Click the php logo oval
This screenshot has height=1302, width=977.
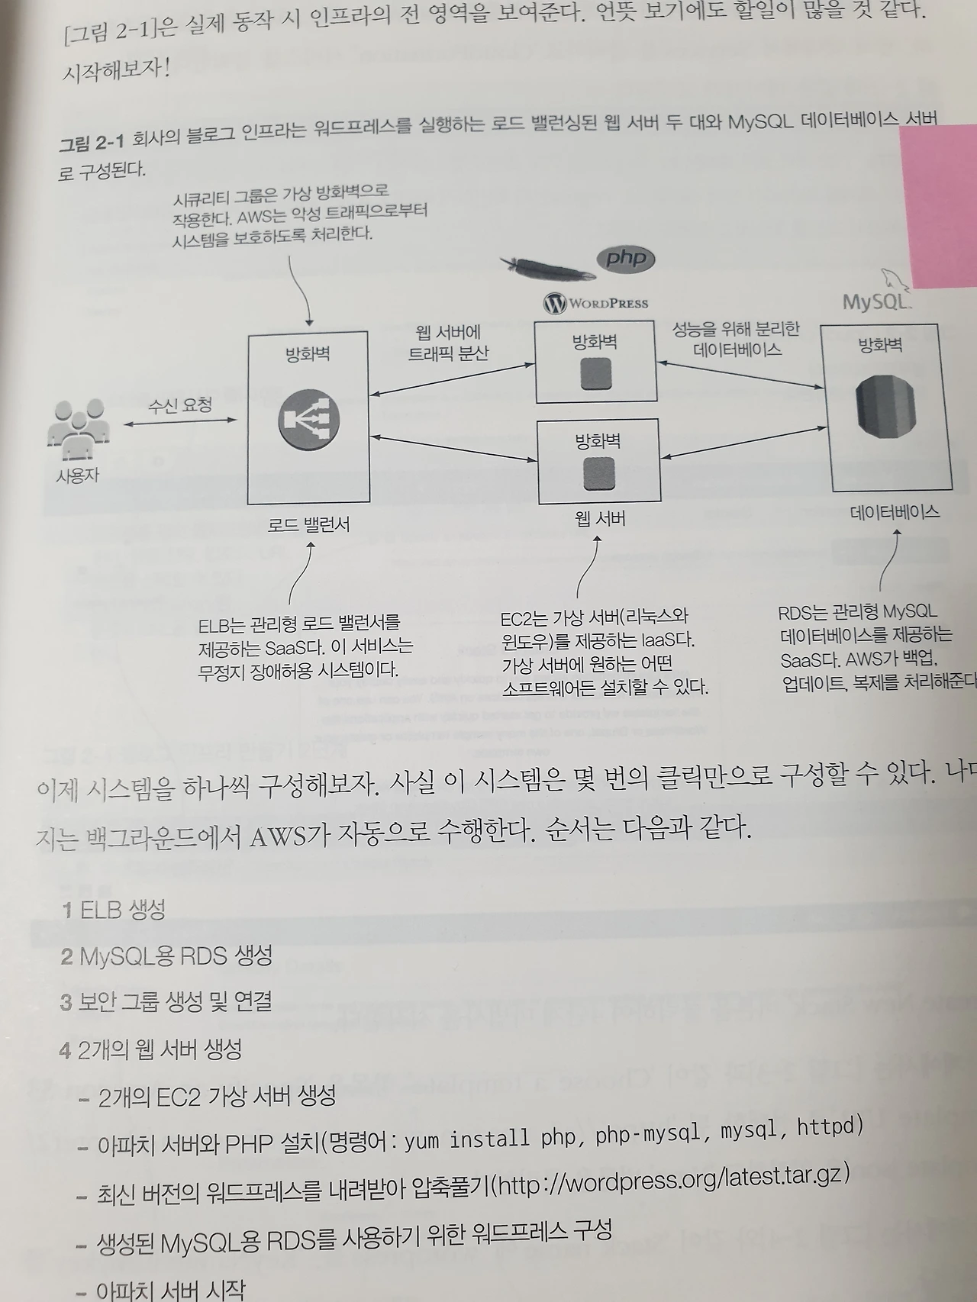(x=626, y=259)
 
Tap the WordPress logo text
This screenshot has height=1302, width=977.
(x=596, y=303)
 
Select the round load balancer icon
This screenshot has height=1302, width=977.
(x=308, y=419)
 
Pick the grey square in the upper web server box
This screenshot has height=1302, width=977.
(x=596, y=374)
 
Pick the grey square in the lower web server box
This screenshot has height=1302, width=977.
(x=599, y=473)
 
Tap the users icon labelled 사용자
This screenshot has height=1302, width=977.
(x=77, y=426)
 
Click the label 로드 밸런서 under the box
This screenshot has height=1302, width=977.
(x=308, y=524)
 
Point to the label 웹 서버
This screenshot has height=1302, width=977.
(x=600, y=519)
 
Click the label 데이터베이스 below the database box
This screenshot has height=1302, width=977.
(x=895, y=512)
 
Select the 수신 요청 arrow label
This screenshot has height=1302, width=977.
(x=180, y=404)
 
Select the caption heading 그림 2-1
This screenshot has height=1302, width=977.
(x=91, y=142)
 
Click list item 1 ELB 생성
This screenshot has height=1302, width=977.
(x=114, y=910)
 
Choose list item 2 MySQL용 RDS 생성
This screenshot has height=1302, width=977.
(x=166, y=956)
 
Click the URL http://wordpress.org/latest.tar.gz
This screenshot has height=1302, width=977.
(x=672, y=1181)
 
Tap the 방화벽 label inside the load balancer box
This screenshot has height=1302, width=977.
(x=308, y=354)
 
